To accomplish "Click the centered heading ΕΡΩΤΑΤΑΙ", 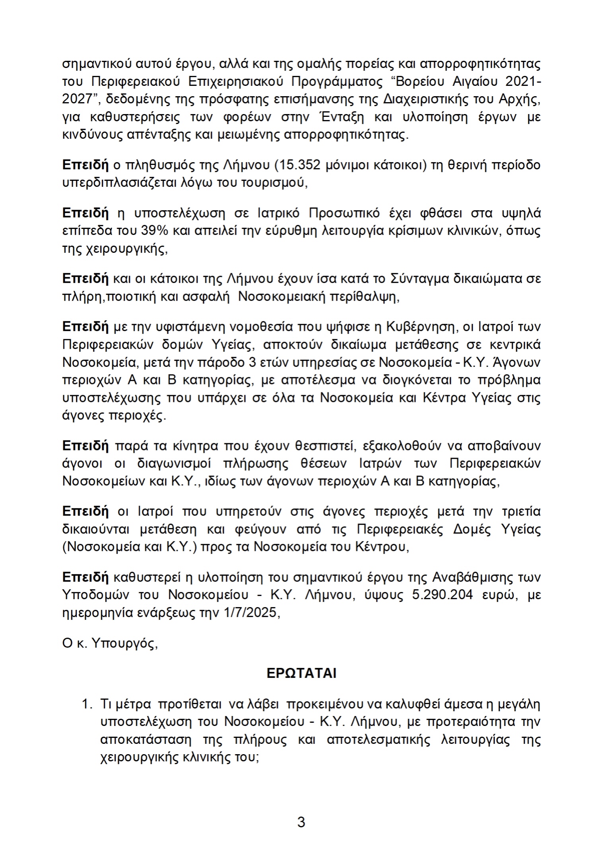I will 301,673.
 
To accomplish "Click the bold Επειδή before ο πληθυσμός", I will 85,165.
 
